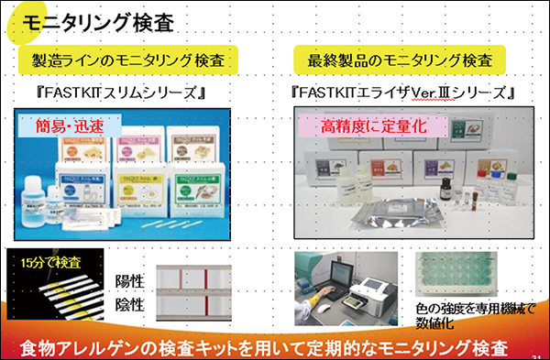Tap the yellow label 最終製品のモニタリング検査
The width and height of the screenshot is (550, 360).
coord(401,60)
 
